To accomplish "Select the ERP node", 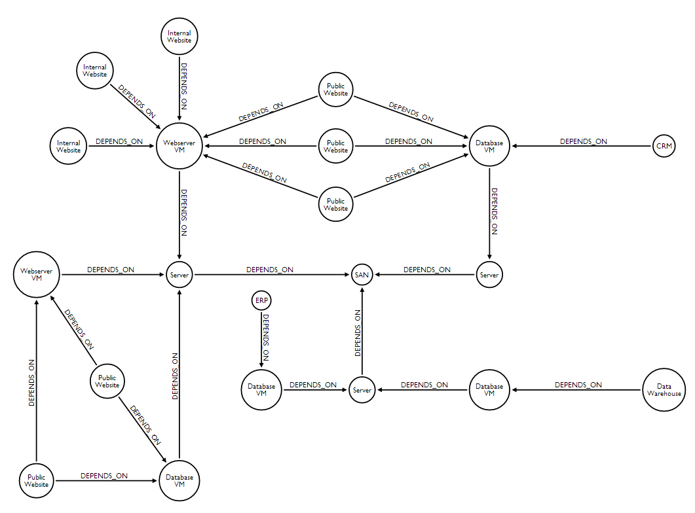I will [261, 300].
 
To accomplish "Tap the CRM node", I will [664, 146].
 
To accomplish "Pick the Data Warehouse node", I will [664, 390].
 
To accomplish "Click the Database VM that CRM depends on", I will [489, 146].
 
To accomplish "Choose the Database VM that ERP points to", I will [261, 390].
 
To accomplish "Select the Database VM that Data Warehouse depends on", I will [489, 390].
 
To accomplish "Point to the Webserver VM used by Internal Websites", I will [179, 146].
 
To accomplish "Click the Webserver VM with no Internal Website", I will [37, 275].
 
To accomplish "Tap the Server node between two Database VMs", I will [362, 390].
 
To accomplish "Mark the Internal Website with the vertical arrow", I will [179, 37].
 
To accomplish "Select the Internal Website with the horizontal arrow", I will [69, 146].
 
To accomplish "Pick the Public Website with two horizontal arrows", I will [336, 146].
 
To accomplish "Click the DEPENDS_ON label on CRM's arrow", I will [583, 141].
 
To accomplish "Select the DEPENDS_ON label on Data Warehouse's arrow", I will [578, 385].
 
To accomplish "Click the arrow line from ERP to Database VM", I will [261, 347].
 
